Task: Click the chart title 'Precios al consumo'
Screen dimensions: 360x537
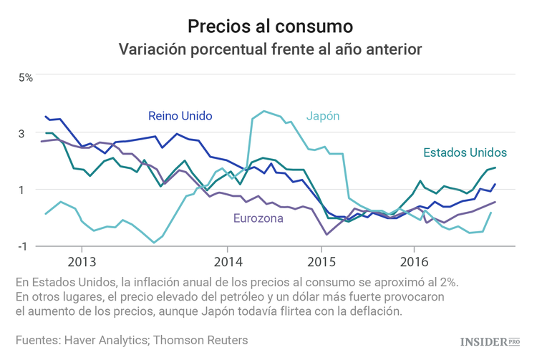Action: pos(270,26)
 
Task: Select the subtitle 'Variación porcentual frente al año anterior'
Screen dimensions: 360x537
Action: pos(270,50)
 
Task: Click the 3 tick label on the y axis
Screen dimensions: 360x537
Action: pos(21,133)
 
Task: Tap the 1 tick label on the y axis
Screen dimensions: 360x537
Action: pos(21,190)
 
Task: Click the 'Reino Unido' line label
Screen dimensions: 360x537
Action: pos(180,115)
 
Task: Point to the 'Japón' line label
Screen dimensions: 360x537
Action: pos(323,116)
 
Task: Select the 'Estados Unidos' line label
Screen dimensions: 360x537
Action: pos(465,152)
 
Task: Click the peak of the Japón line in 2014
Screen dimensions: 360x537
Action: pos(264,111)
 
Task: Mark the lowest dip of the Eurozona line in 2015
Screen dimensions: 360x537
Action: pos(327,234)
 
